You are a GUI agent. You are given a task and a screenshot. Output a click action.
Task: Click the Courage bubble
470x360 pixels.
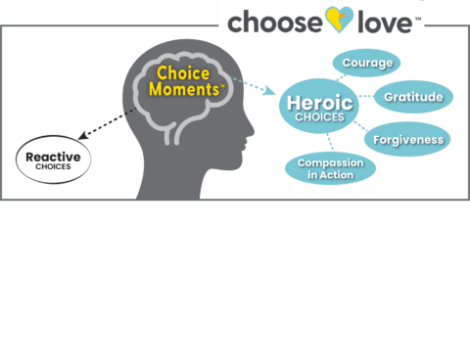tap(367, 64)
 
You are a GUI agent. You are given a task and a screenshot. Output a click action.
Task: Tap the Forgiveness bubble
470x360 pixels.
tap(407, 139)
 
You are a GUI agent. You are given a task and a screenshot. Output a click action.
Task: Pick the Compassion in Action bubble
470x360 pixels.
tap(330, 168)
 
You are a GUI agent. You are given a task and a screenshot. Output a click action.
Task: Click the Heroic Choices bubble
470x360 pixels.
tap(319, 108)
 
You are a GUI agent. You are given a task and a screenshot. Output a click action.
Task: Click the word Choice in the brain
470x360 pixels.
tap(184, 73)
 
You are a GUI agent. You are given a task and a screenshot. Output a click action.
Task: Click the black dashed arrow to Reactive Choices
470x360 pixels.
tap(112, 122)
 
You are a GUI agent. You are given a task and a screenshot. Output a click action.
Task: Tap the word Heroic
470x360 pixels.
tap(319, 102)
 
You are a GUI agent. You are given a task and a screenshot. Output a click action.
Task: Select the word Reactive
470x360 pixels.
tap(53, 156)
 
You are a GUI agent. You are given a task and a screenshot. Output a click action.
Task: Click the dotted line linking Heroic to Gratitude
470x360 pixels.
tap(363, 98)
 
